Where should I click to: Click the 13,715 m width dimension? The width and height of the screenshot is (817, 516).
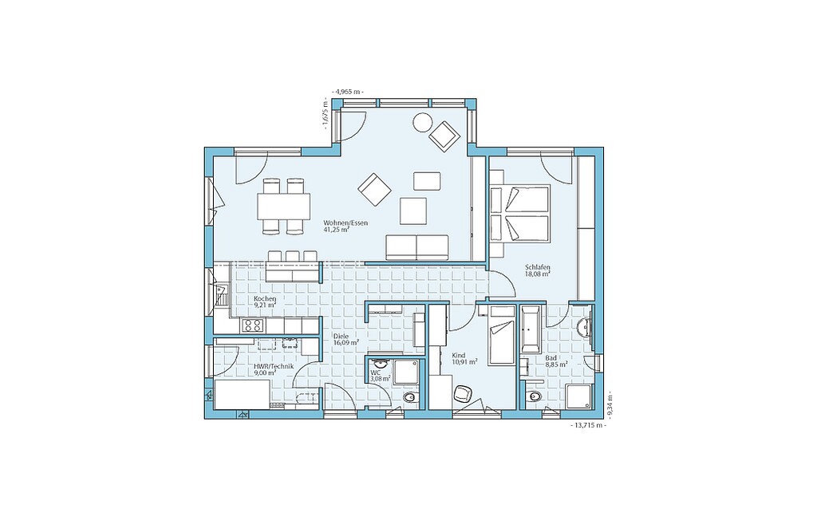[x=589, y=425]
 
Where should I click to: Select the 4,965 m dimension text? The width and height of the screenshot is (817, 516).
[x=348, y=92]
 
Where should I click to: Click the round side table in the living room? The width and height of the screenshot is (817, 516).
[x=421, y=122]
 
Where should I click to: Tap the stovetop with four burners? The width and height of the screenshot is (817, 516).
[x=253, y=326]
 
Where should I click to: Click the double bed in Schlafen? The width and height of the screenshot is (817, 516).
[x=519, y=214]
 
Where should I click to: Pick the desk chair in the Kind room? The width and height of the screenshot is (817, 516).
[x=463, y=393]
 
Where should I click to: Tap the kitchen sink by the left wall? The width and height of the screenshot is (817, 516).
[x=222, y=296]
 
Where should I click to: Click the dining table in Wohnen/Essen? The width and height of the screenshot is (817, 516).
[x=283, y=207]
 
